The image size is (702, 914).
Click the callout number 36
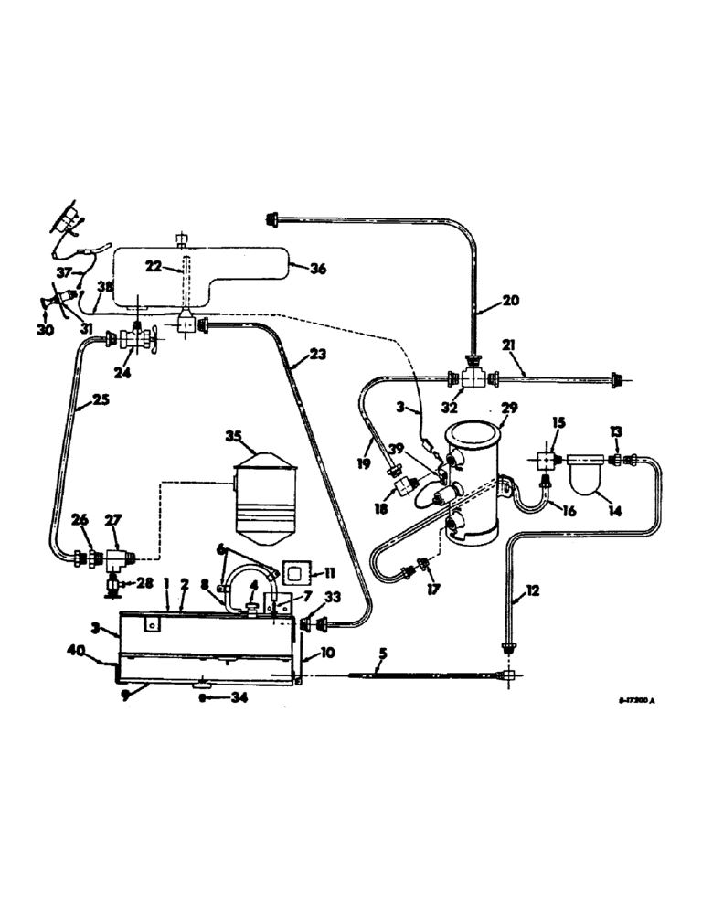coord(317,269)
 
